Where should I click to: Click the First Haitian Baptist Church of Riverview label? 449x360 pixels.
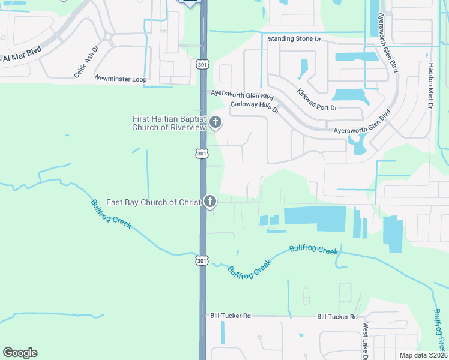[169, 123]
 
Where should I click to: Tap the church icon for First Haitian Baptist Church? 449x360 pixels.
[215, 124]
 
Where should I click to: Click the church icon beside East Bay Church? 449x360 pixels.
[209, 202]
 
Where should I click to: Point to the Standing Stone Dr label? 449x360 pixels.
[295, 39]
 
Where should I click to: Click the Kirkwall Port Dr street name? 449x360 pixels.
[317, 99]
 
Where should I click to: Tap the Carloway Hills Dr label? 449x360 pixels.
[255, 107]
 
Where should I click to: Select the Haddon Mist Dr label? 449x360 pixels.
[431, 85]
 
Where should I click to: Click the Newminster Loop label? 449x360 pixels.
[121, 79]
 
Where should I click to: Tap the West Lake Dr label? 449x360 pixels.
[364, 340]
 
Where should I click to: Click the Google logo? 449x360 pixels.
[20, 353]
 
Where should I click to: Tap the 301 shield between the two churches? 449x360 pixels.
[202, 154]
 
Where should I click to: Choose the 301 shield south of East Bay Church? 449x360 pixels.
[202, 260]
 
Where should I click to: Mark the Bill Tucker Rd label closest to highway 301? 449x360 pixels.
[230, 316]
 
